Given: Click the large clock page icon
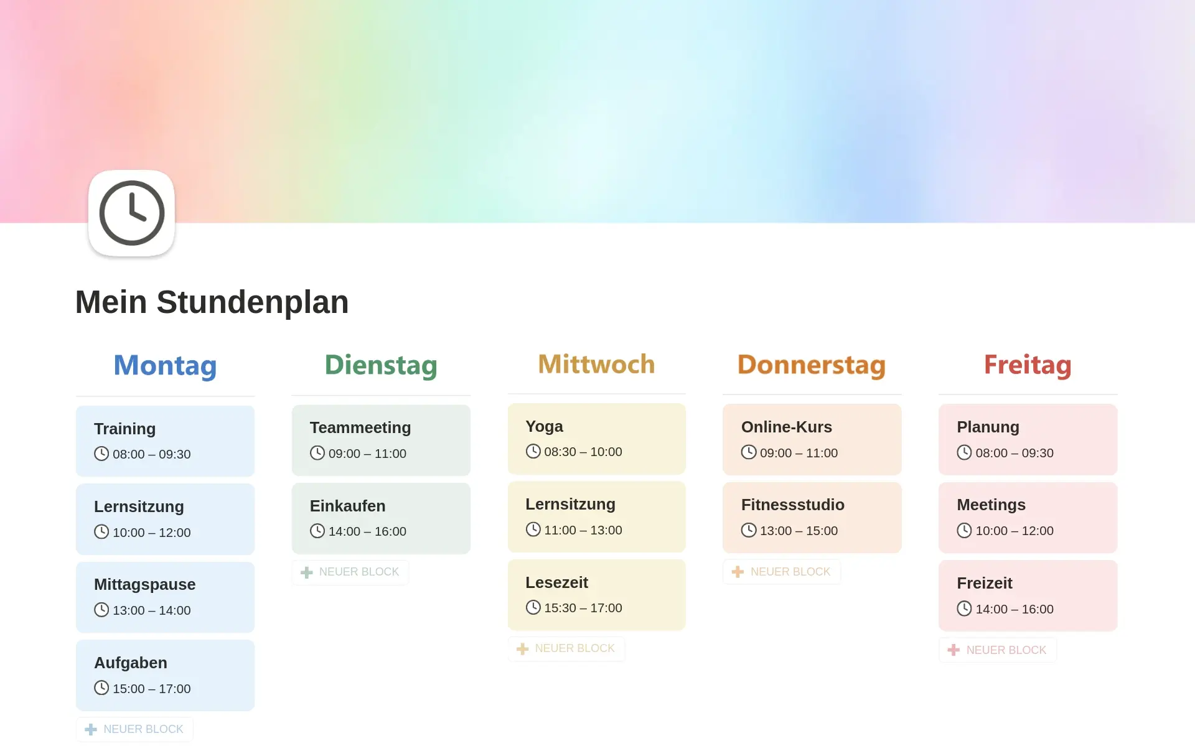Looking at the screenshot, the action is coord(131,213).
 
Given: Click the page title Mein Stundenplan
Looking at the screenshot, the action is coord(212,302).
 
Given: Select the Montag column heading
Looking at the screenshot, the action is coord(165,365).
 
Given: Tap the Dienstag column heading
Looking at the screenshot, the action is coord(381,365).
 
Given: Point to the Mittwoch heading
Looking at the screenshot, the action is coord(596,364).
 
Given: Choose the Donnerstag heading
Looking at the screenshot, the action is coord(812,365).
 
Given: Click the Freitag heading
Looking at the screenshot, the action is coord(1028,365).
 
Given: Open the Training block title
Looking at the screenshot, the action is coord(124,429).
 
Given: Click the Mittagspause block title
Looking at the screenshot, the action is coord(144,584).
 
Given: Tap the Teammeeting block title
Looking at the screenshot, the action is coord(360,427).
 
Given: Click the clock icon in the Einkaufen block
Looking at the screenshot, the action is coord(317,531).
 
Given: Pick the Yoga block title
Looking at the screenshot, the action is coord(544,426).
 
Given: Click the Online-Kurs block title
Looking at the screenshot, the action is coord(787,427).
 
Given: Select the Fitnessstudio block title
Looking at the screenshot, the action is coord(793,505).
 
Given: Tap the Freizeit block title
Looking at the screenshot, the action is coord(985,583).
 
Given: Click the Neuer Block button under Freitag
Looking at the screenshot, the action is coord(998,650).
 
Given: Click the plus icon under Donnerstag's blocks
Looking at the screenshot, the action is coord(738,572).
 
